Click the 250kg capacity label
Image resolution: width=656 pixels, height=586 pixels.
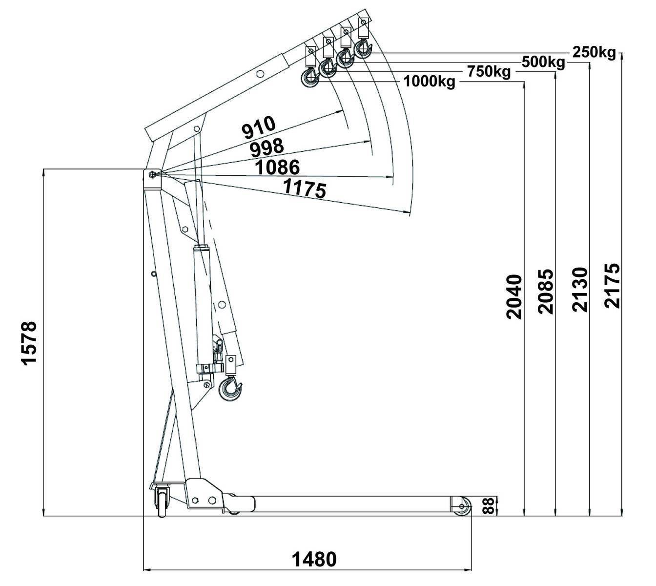point(594,52)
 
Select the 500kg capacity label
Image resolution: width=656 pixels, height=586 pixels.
point(543,62)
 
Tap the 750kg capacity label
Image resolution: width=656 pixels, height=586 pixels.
point(489,72)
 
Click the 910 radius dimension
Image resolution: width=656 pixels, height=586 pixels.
point(259,126)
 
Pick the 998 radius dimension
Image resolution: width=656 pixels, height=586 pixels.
point(266,146)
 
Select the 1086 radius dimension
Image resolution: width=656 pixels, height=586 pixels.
point(277,167)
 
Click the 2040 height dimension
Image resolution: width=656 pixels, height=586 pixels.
point(513,297)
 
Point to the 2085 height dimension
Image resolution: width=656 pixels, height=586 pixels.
point(546,291)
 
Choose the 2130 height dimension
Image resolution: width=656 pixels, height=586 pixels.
point(580,289)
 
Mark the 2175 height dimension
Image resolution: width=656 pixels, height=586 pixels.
point(612,286)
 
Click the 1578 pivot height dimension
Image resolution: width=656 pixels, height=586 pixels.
point(29,342)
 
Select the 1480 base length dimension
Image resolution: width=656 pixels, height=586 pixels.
point(314,559)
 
